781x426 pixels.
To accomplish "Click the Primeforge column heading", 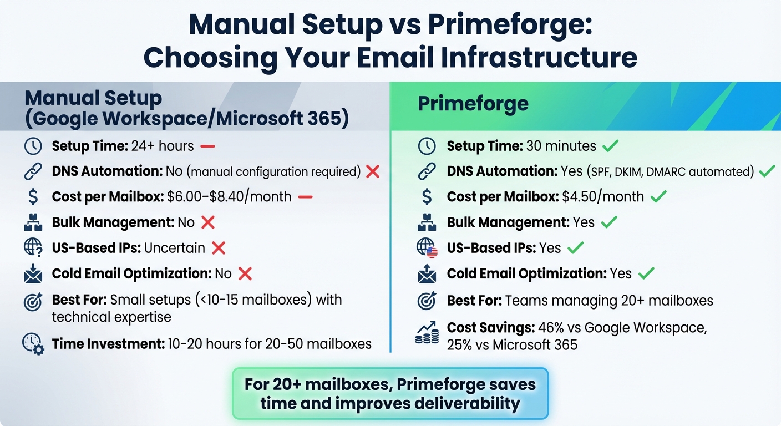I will (473, 104).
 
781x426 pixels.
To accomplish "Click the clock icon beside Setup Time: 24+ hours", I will (33, 146).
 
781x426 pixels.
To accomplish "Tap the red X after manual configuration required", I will (373, 171).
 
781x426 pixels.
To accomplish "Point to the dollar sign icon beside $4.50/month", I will (427, 196).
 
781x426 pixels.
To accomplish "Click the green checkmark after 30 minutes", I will (610, 146).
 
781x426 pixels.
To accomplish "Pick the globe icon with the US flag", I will (427, 248).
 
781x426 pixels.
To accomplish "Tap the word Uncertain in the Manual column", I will (174, 248).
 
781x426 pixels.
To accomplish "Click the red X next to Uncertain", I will (219, 248).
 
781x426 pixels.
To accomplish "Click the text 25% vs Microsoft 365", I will (512, 344).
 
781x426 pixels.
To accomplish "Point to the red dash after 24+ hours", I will (207, 146).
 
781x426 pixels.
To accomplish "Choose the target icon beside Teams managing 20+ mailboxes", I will (427, 301).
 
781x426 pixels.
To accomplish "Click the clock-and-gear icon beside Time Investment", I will (33, 343).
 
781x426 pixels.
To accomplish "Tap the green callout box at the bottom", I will (390, 393).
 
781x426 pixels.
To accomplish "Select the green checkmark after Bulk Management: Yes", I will (609, 222).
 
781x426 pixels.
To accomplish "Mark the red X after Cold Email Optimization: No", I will (245, 273).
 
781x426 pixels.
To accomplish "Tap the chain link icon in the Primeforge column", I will (427, 171).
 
